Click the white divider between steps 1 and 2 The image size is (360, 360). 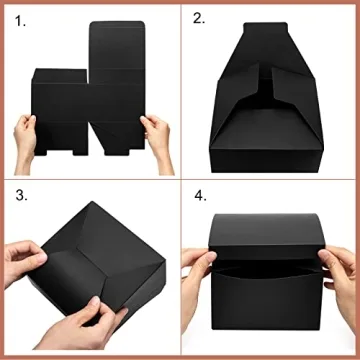[181, 90]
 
